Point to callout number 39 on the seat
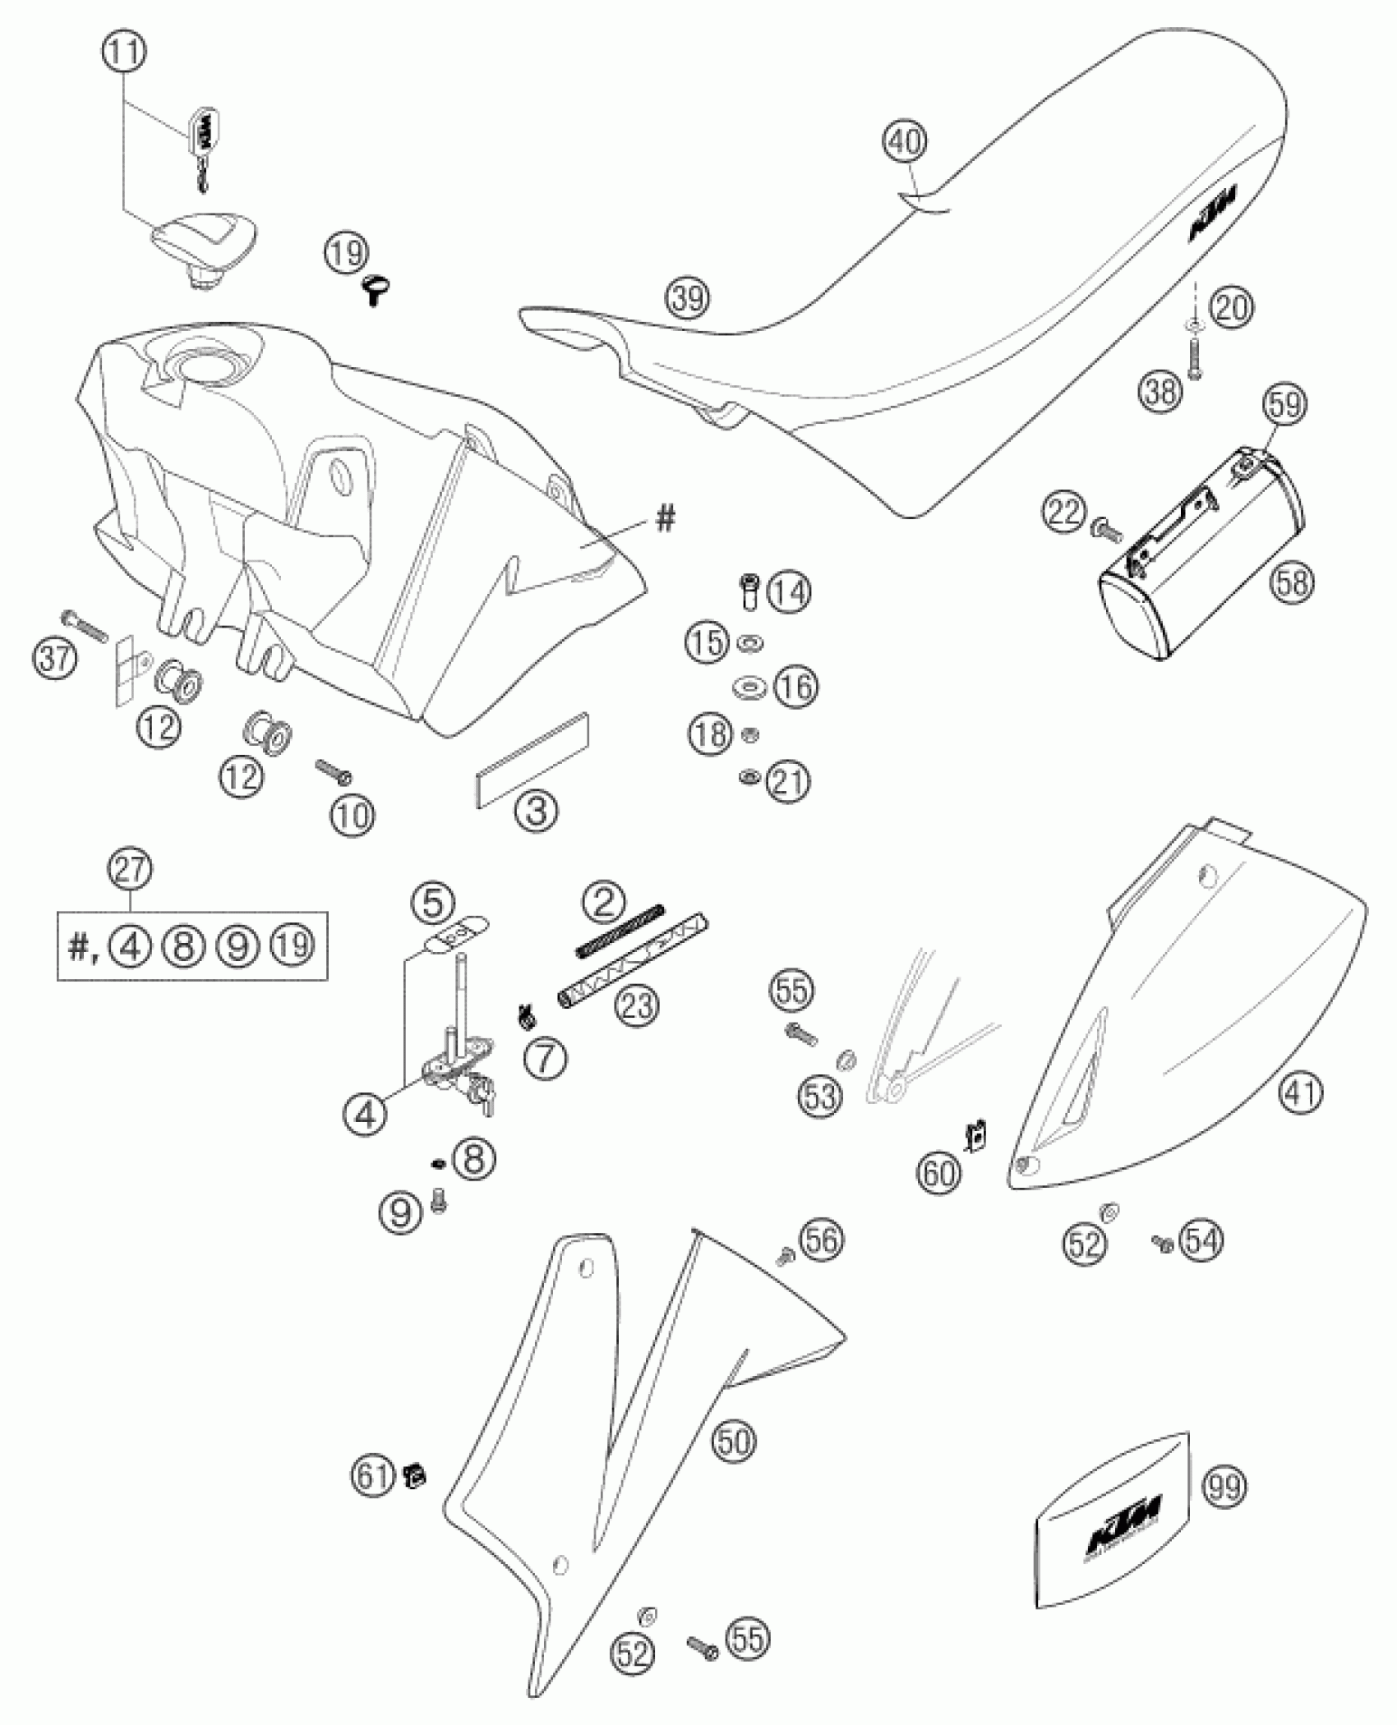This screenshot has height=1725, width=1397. click(687, 298)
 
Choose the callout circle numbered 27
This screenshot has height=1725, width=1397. click(131, 870)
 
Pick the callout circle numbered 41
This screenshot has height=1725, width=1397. click(1302, 1093)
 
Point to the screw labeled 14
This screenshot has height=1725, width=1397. click(749, 591)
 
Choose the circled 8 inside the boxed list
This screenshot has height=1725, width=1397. click(184, 946)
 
